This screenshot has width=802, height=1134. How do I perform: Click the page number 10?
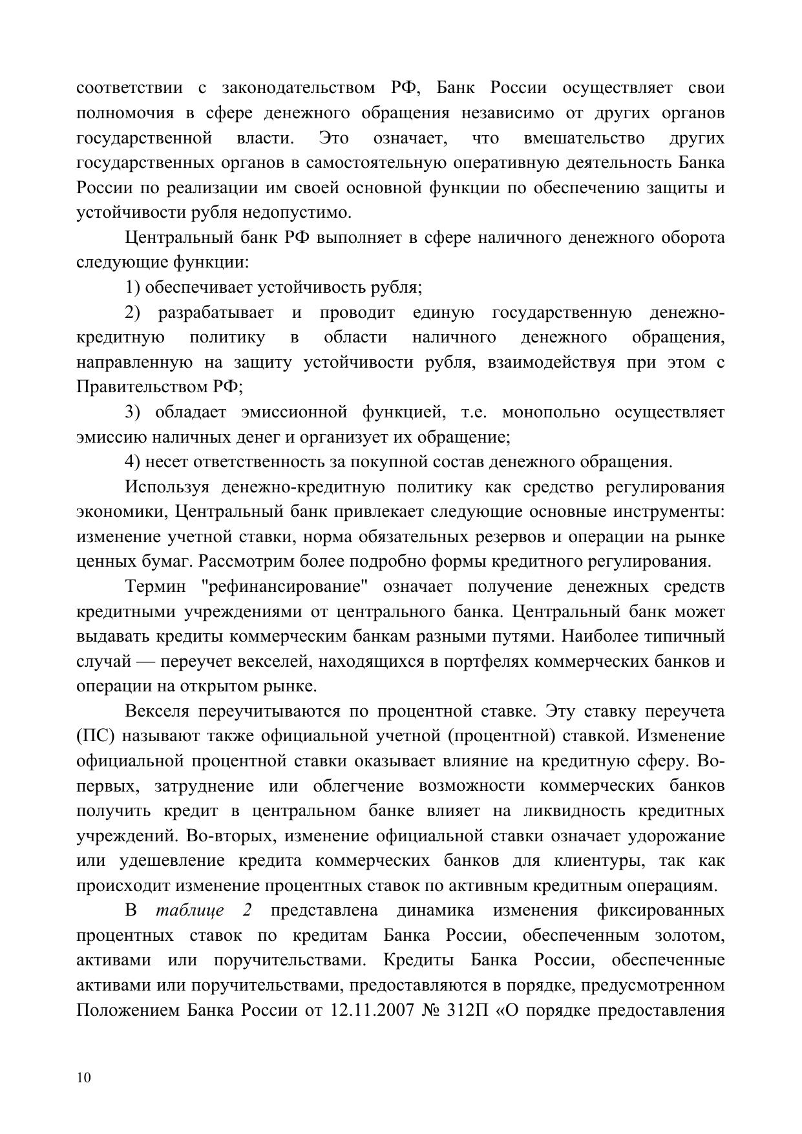tap(83, 1077)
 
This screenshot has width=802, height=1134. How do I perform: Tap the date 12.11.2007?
tap(372, 1010)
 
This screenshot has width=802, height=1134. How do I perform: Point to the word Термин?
tap(155, 587)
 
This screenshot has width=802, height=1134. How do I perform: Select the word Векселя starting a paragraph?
tap(157, 711)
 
